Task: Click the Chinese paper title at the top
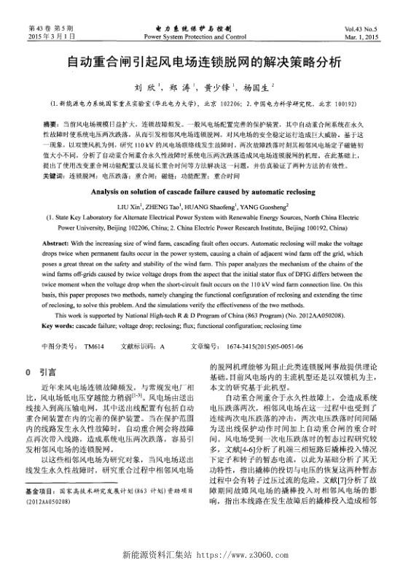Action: (205, 63)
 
